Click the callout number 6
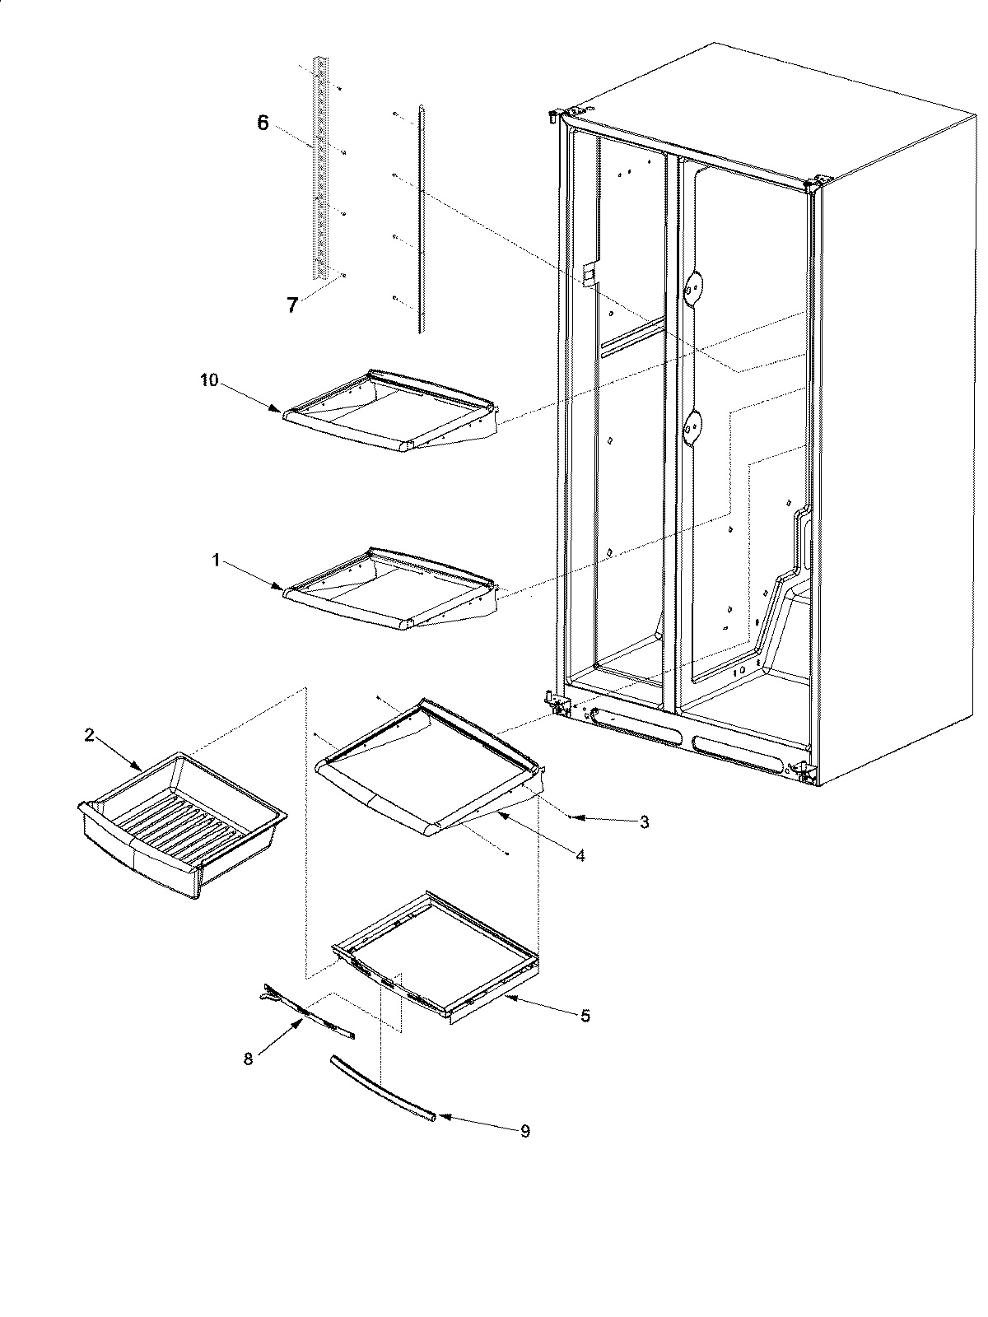(x=263, y=123)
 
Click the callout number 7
(x=291, y=305)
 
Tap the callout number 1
(x=216, y=560)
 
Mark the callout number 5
(x=585, y=1016)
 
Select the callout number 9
(x=524, y=1131)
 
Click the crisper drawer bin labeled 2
(x=181, y=823)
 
